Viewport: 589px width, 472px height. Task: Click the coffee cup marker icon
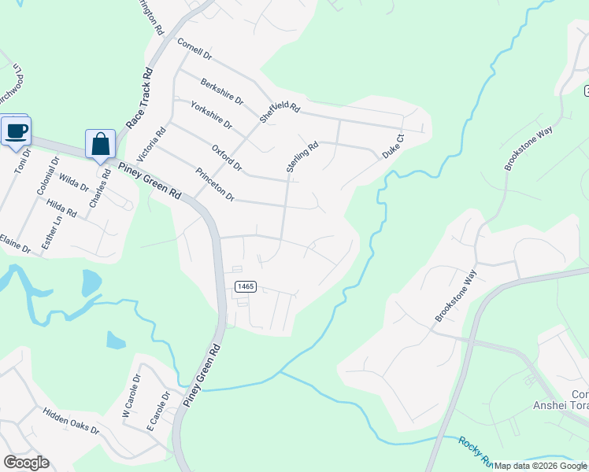pyautogui.click(x=15, y=130)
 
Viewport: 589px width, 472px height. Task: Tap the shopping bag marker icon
pyautogui.click(x=100, y=144)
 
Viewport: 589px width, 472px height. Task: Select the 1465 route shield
pyautogui.click(x=244, y=287)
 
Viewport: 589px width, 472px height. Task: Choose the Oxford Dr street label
pyautogui.click(x=227, y=157)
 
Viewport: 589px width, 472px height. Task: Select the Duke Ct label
pyautogui.click(x=393, y=147)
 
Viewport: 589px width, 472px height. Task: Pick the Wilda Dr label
pyautogui.click(x=73, y=183)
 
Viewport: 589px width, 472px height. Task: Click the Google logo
pyautogui.click(x=26, y=463)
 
